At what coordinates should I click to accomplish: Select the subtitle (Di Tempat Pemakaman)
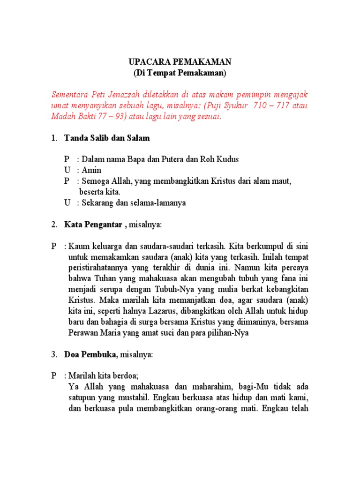(x=180, y=73)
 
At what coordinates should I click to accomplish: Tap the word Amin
(x=92, y=170)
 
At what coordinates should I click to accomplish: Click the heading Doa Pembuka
(x=91, y=355)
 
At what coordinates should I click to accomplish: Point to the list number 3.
(x=54, y=355)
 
